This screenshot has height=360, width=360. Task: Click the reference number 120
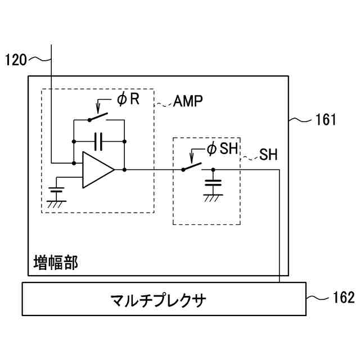coord(16,59)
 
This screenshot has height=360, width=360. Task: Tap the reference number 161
coord(326,119)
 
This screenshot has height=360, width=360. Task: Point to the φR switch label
coord(128,100)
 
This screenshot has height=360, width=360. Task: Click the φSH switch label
coord(219,149)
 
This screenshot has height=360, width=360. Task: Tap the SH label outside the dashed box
coord(268,155)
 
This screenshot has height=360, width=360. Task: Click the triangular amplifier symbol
coord(97,169)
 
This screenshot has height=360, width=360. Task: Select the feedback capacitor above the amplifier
coord(99,141)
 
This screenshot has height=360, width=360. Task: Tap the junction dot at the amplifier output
coord(124,169)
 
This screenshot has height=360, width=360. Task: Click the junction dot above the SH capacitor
coord(213,169)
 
